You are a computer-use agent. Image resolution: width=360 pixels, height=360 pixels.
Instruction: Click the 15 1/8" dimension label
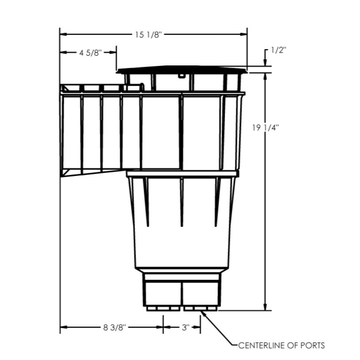pos(149,34)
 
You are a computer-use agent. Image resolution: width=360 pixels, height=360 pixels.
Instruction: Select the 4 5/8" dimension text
pos(91,53)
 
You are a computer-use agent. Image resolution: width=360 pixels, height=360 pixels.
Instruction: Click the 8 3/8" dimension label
pos(115,328)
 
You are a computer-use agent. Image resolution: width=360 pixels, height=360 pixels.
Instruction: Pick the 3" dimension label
pos(185,328)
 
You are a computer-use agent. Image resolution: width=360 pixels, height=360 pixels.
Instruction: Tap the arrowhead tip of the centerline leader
pos(203,312)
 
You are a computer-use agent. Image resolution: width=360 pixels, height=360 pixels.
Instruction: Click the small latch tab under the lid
pos(181,76)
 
